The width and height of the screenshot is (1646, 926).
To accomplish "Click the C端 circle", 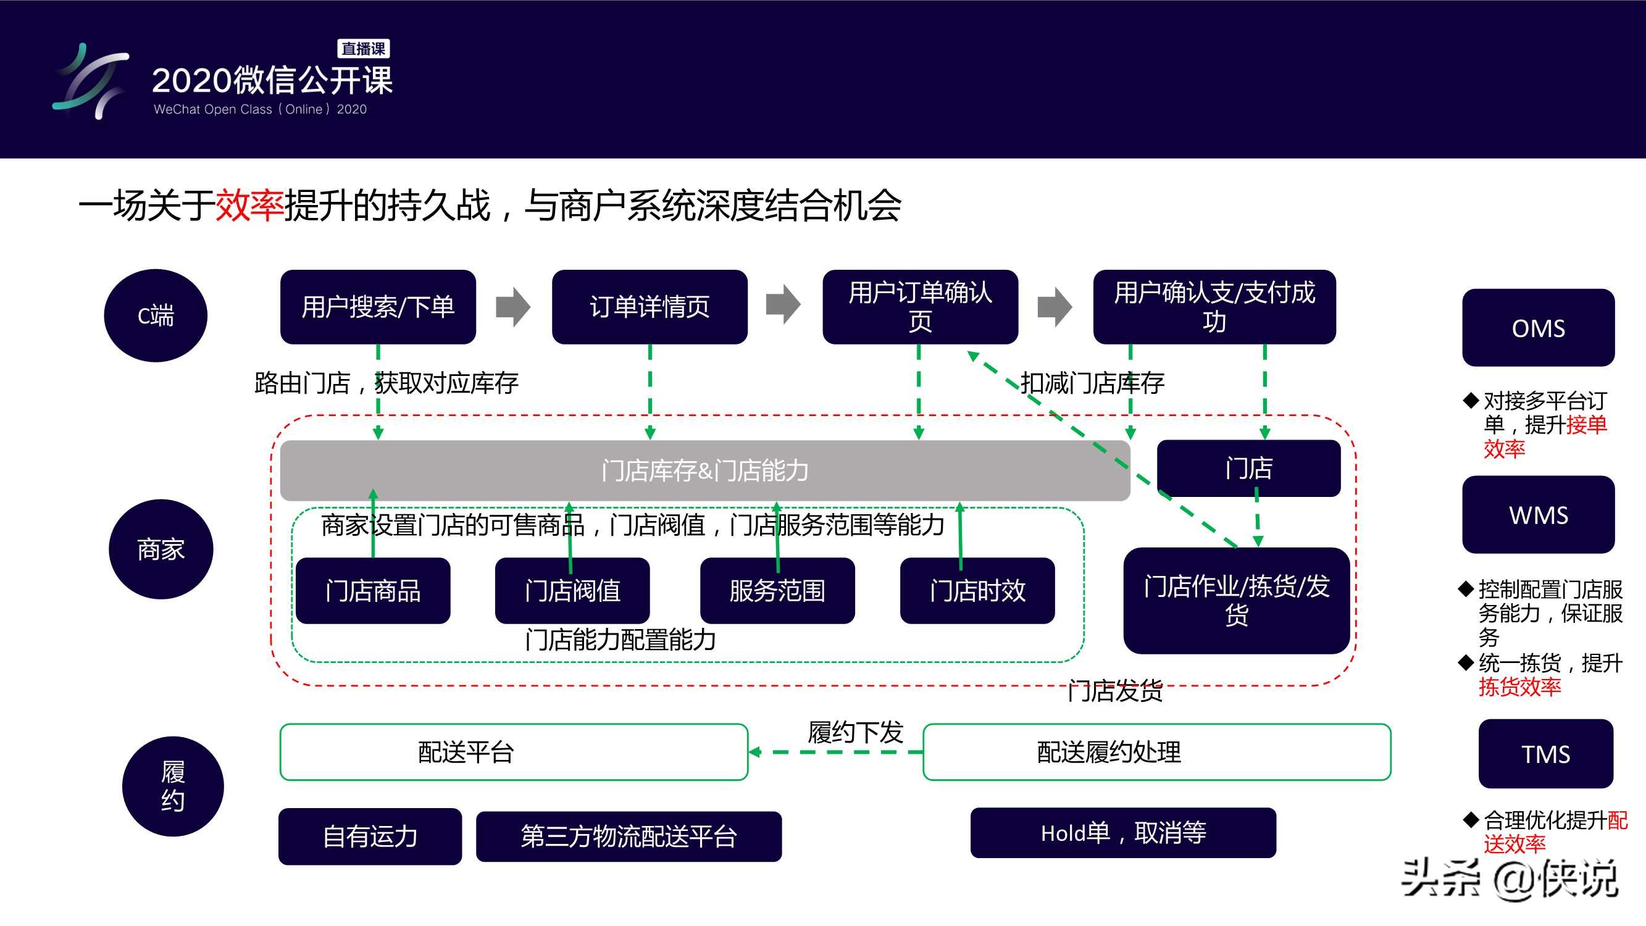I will click(155, 315).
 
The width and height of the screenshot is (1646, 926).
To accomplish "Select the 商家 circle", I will click(161, 549).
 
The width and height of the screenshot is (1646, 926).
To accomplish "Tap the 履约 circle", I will click(172, 786).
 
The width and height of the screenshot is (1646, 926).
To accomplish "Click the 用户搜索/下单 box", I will click(378, 307).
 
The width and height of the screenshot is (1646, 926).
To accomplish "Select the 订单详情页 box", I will click(649, 307).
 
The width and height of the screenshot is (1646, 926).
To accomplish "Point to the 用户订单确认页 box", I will click(919, 307).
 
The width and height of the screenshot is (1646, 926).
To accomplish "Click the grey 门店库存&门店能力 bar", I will click(705, 470).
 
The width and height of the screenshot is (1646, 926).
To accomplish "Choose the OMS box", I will click(1537, 328).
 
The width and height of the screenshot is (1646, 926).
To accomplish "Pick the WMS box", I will click(1537, 514).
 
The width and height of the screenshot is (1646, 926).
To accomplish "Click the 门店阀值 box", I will click(572, 591).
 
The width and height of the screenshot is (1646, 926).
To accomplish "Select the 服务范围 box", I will click(777, 591).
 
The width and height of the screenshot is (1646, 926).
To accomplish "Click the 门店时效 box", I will click(977, 591).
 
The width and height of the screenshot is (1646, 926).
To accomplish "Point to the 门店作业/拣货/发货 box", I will click(1236, 600).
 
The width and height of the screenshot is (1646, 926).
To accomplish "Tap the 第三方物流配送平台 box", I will click(628, 836).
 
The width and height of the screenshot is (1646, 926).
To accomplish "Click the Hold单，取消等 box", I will click(1122, 833).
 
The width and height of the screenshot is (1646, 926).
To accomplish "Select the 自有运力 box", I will click(369, 836).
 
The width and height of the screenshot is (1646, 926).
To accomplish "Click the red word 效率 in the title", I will click(249, 205).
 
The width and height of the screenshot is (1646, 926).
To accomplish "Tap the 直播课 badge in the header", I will click(363, 49).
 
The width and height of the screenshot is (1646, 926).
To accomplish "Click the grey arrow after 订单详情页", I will click(783, 306).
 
